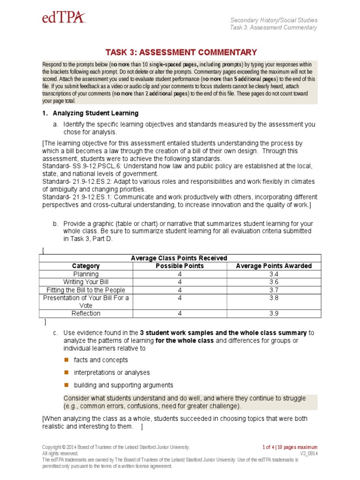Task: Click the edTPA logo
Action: click(64, 18)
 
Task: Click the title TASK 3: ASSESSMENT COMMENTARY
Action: click(181, 52)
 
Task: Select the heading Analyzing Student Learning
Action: click(95, 113)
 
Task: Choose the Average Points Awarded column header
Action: click(274, 266)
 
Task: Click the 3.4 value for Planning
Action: click(274, 274)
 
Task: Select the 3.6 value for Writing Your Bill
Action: click(274, 282)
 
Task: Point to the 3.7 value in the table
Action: click(274, 290)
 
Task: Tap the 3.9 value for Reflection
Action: click(274, 313)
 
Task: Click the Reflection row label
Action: click(86, 313)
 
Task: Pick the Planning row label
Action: click(86, 274)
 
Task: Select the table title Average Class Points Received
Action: click(179, 258)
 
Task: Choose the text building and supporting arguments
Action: click(123, 385)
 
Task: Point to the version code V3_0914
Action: click(307, 453)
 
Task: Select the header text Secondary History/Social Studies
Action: click(274, 20)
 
